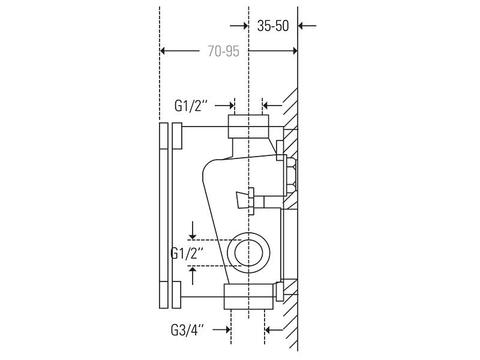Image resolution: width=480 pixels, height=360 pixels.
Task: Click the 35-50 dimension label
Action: (x=273, y=26)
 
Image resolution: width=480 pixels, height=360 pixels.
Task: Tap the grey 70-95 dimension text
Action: (x=224, y=51)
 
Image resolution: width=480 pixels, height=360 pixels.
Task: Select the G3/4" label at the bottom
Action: (x=187, y=330)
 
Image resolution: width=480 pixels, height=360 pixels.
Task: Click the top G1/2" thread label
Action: (x=191, y=106)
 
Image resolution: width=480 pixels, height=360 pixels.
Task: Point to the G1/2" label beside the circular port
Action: (x=187, y=253)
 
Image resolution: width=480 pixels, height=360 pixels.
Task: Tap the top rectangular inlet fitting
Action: (x=248, y=126)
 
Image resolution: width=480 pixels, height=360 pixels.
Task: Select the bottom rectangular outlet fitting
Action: (x=249, y=297)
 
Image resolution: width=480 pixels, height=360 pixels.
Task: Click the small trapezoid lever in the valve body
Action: (x=242, y=199)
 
